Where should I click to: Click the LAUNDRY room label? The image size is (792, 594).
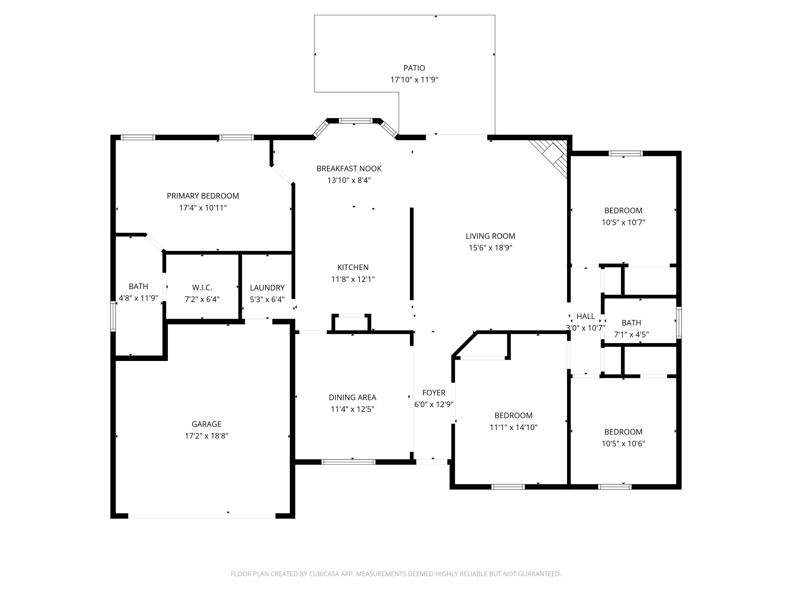pyautogui.click(x=267, y=287)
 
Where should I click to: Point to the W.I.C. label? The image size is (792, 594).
pyautogui.click(x=202, y=287)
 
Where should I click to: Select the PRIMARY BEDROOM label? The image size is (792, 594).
pyautogui.click(x=203, y=196)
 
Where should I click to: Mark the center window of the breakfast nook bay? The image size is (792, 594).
pyautogui.click(x=356, y=121)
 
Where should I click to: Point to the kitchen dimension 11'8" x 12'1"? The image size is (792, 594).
pyautogui.click(x=353, y=279)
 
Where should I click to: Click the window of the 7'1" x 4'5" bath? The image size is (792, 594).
pyautogui.click(x=678, y=323)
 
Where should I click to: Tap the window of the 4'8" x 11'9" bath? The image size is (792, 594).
pyautogui.click(x=113, y=316)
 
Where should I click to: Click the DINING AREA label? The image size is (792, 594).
pyautogui.click(x=352, y=397)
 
